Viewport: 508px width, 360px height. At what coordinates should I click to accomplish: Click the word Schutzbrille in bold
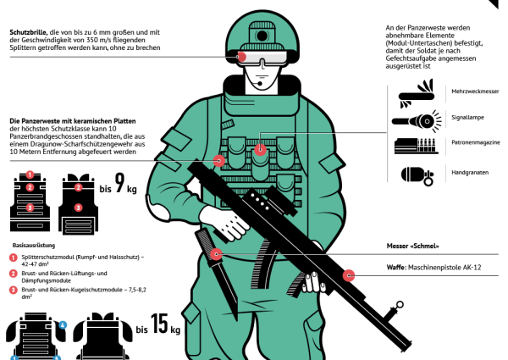click(29, 32)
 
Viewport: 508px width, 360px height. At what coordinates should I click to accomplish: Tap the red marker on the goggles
click(241, 57)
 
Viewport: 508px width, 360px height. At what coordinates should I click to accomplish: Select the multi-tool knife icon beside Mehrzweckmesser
click(417, 94)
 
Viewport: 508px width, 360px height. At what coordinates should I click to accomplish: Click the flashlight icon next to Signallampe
click(417, 121)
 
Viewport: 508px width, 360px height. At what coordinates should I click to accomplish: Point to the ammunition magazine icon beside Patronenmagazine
click(417, 146)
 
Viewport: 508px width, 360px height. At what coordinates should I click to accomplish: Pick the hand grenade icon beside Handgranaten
click(417, 176)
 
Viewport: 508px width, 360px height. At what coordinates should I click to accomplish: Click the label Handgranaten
click(470, 173)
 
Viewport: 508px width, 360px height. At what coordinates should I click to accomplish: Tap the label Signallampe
click(468, 117)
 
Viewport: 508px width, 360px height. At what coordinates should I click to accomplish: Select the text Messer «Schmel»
click(413, 246)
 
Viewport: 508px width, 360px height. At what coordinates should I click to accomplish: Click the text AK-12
click(472, 268)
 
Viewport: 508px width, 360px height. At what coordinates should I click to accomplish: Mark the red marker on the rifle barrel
click(349, 275)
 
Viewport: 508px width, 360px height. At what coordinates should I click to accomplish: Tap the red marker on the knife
click(217, 254)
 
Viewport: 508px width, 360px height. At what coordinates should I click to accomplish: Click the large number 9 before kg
click(120, 183)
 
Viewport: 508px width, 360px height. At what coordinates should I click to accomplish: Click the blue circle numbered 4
click(63, 324)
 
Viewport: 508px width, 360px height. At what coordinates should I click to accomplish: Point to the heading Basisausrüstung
click(34, 246)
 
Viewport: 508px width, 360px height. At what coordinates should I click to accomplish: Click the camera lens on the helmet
click(262, 36)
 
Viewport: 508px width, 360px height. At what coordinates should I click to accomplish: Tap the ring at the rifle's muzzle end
click(400, 305)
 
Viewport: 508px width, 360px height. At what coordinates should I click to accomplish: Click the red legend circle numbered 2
click(13, 274)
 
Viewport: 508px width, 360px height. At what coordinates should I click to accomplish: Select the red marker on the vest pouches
click(260, 150)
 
